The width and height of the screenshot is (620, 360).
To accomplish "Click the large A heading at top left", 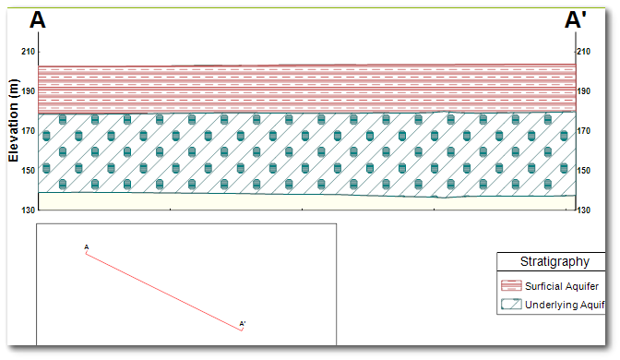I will tap(38, 20).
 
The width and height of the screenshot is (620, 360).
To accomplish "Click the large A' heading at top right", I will tap(577, 20).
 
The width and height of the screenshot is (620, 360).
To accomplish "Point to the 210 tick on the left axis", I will tap(28, 52).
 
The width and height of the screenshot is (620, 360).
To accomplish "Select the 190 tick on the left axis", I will tap(28, 91).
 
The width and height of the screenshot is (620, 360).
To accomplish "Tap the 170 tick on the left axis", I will tap(28, 131).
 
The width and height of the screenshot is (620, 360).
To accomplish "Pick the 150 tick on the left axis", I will tap(28, 171).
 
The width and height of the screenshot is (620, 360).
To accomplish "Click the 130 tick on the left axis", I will tap(28, 210).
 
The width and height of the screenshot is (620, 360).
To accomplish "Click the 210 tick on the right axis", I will tap(584, 52).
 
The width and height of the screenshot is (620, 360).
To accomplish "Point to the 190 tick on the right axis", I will tap(584, 91).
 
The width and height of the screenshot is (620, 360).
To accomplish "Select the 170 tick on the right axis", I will tap(584, 131).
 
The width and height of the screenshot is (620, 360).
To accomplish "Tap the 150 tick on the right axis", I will tap(584, 171).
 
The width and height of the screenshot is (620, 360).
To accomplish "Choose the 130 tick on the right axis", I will tap(584, 210).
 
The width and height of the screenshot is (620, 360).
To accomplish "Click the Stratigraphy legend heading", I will tap(551, 262).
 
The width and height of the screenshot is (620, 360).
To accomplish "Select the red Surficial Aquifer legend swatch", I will tap(511, 285).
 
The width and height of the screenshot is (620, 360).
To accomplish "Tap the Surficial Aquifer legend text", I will tap(563, 285).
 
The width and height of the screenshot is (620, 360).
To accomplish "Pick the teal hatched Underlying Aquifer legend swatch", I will tap(511, 304).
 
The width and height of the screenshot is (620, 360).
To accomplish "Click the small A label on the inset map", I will tap(87, 247).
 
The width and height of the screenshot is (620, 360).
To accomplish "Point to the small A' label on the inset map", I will tap(243, 324).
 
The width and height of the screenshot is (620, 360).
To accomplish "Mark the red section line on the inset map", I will tap(164, 291).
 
